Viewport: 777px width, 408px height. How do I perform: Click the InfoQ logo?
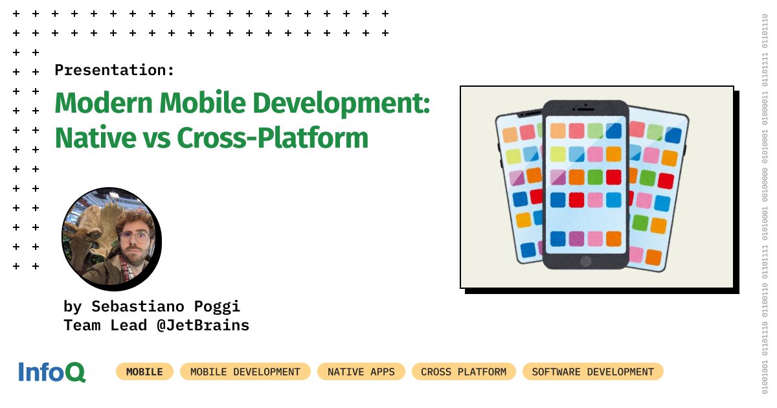click(52, 372)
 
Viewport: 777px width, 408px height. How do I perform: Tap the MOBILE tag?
click(144, 372)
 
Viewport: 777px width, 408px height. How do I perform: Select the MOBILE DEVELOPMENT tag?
click(245, 372)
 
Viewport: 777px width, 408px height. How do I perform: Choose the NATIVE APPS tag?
click(361, 372)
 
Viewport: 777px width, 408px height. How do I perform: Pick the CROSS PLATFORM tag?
click(464, 372)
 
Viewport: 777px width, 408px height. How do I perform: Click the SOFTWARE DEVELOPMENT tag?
click(592, 372)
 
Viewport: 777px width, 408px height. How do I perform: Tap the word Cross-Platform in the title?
click(273, 138)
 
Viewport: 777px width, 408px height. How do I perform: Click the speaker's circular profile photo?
click(110, 236)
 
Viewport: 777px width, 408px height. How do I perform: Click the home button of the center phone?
click(585, 261)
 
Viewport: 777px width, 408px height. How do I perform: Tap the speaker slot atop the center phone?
click(585, 109)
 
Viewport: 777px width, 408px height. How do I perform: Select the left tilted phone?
click(518, 188)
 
